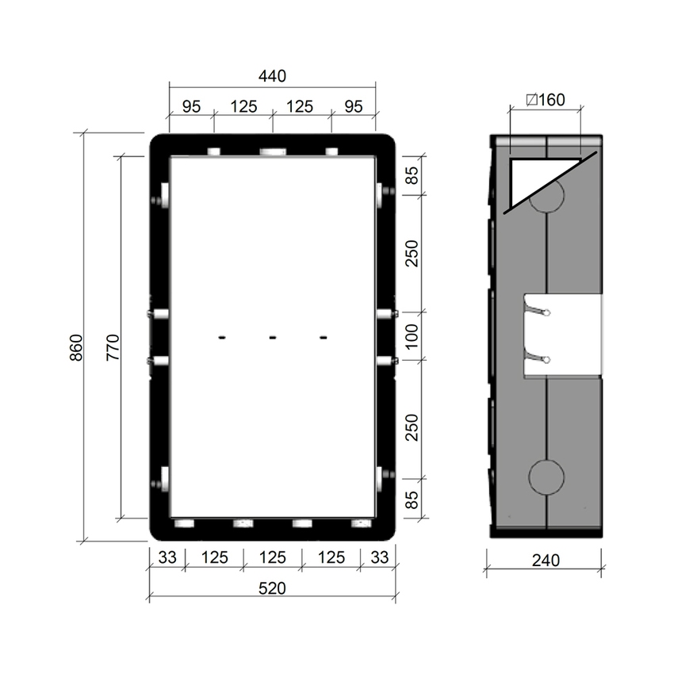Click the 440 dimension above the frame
272,76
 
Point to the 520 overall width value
272,588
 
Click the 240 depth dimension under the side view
546,560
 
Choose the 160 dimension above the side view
546,100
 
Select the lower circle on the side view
546,476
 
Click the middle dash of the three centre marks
272,339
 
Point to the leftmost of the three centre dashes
222,339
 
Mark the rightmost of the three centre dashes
324,339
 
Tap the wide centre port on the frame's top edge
272,151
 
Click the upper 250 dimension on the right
412,253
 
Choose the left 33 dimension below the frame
167,557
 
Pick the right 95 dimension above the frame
354,105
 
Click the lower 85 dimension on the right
412,499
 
